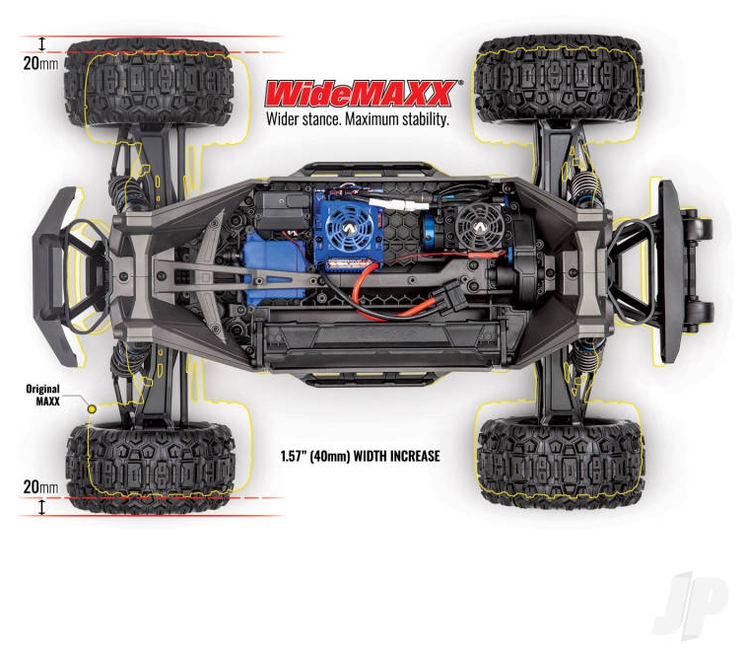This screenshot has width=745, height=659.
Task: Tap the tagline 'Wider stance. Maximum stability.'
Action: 358,119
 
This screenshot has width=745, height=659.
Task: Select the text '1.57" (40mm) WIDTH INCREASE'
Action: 360,457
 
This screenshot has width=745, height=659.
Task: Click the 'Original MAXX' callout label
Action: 43,395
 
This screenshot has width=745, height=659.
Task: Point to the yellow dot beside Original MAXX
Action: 92,409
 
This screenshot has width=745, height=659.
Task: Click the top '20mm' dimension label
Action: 40,63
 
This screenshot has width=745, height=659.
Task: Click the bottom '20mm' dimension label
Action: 40,486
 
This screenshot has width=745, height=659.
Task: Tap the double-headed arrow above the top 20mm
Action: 41,44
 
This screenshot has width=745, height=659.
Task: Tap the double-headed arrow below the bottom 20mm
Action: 41,507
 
